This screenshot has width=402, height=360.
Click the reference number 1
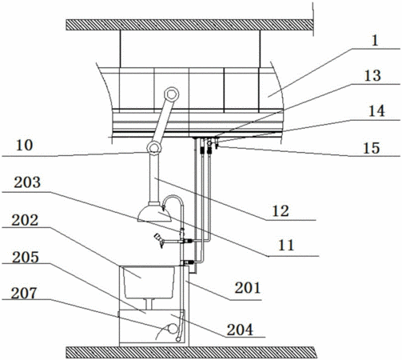pos(375,41)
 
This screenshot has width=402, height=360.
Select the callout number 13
pos(372,76)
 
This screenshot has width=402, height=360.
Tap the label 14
pos(376,111)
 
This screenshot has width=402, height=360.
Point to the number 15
pos(372,148)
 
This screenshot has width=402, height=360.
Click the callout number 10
pos(25,146)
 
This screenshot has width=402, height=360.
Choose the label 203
pos(27,182)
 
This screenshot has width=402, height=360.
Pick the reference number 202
pos(25,221)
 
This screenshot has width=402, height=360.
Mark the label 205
pos(26,258)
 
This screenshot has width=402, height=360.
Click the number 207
pos(24,294)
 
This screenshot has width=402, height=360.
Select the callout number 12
pos(281,211)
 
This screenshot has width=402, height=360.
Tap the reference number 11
pos(286,246)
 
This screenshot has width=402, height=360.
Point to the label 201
pos(247,288)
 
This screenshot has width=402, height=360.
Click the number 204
pos(240,330)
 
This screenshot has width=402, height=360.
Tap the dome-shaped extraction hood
pos(154,214)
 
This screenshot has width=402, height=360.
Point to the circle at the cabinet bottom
pos(173,329)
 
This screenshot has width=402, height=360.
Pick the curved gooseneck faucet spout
pos(173,198)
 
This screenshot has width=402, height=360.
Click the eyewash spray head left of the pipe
pos(159,239)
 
